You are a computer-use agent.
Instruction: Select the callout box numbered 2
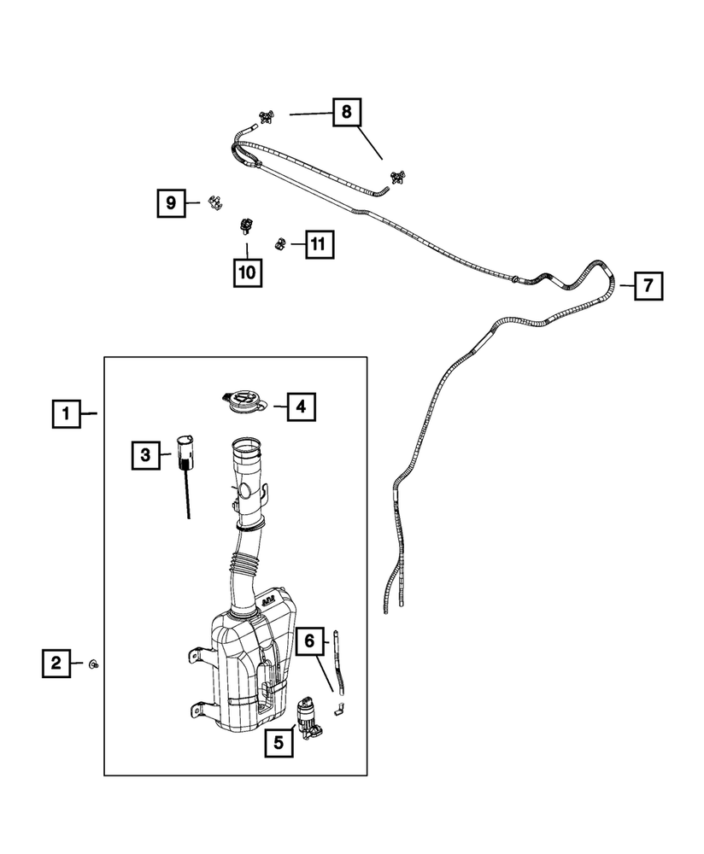(x=56, y=663)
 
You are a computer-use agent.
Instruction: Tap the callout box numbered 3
(x=146, y=455)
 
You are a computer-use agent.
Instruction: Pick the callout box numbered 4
(x=300, y=407)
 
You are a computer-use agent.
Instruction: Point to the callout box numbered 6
(x=310, y=640)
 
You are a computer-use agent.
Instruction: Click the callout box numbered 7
(x=648, y=285)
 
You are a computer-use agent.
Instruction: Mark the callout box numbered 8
(x=346, y=112)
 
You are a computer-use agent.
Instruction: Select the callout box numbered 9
(x=171, y=202)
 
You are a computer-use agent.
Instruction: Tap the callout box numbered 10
(x=247, y=272)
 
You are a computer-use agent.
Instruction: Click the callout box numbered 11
(x=317, y=245)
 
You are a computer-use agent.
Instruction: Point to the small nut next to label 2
(x=93, y=664)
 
